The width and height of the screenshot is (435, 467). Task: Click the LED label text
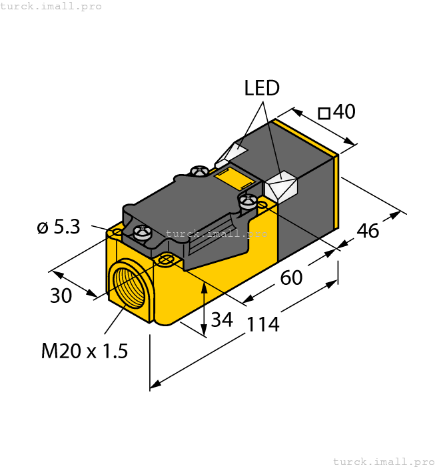click(262, 88)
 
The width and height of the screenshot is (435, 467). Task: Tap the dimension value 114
click(262, 325)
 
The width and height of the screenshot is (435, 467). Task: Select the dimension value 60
click(291, 277)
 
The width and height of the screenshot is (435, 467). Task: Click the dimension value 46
click(368, 231)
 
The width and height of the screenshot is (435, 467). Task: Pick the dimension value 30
click(61, 296)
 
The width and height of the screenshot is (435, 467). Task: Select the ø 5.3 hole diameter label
click(59, 227)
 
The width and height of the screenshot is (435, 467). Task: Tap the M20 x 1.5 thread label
click(84, 350)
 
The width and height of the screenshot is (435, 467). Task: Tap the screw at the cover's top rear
click(199, 171)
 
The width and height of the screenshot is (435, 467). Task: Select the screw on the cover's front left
click(143, 233)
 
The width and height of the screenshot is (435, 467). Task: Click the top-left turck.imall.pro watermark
click(51, 6)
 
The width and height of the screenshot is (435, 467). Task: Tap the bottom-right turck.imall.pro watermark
click(383, 461)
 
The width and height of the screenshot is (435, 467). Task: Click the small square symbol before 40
click(324, 113)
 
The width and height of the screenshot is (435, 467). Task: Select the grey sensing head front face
click(306, 200)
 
